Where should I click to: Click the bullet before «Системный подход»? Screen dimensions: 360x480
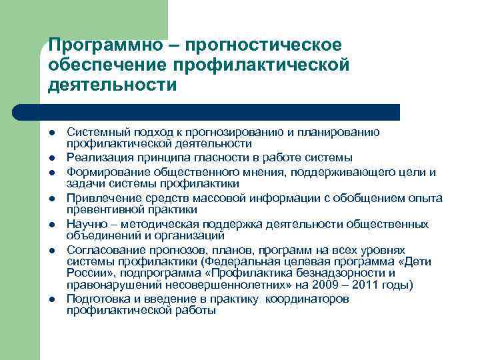click(52, 133)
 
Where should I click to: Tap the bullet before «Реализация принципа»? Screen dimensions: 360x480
click(52, 157)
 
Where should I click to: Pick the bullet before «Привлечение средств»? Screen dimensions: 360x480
click(52, 199)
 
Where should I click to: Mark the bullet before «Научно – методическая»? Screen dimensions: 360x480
click(52, 225)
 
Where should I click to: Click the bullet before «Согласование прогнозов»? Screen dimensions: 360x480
click(52, 249)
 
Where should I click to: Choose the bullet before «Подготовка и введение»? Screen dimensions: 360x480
click(52, 299)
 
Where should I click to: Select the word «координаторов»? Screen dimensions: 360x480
click(307, 299)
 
